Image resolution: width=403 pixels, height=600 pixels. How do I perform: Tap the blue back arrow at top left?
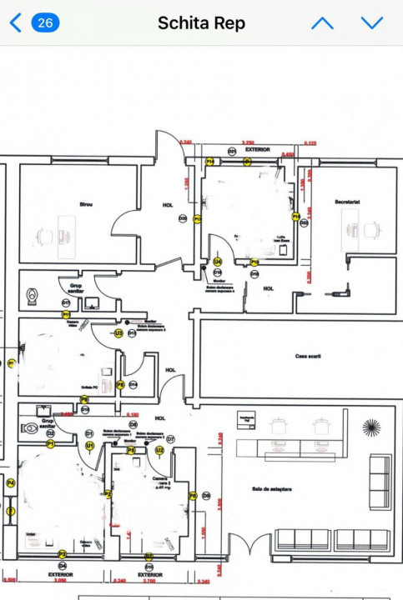point(15,22)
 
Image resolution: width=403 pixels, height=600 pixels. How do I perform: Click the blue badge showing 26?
point(45,22)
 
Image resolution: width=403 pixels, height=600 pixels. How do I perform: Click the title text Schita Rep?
point(201,23)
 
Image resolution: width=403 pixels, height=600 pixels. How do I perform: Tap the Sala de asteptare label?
point(270,489)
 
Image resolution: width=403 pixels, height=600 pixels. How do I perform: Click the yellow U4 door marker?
point(217,261)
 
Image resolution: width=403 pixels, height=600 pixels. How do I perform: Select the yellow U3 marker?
point(119,332)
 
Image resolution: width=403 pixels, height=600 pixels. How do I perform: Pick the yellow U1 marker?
point(89,447)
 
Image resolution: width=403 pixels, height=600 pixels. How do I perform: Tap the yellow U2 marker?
point(159,450)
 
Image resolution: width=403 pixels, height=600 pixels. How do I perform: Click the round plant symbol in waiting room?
point(371,427)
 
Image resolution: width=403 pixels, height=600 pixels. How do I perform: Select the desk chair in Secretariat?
point(371,228)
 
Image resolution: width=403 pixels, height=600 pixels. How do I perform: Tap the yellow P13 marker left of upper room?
point(198,219)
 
